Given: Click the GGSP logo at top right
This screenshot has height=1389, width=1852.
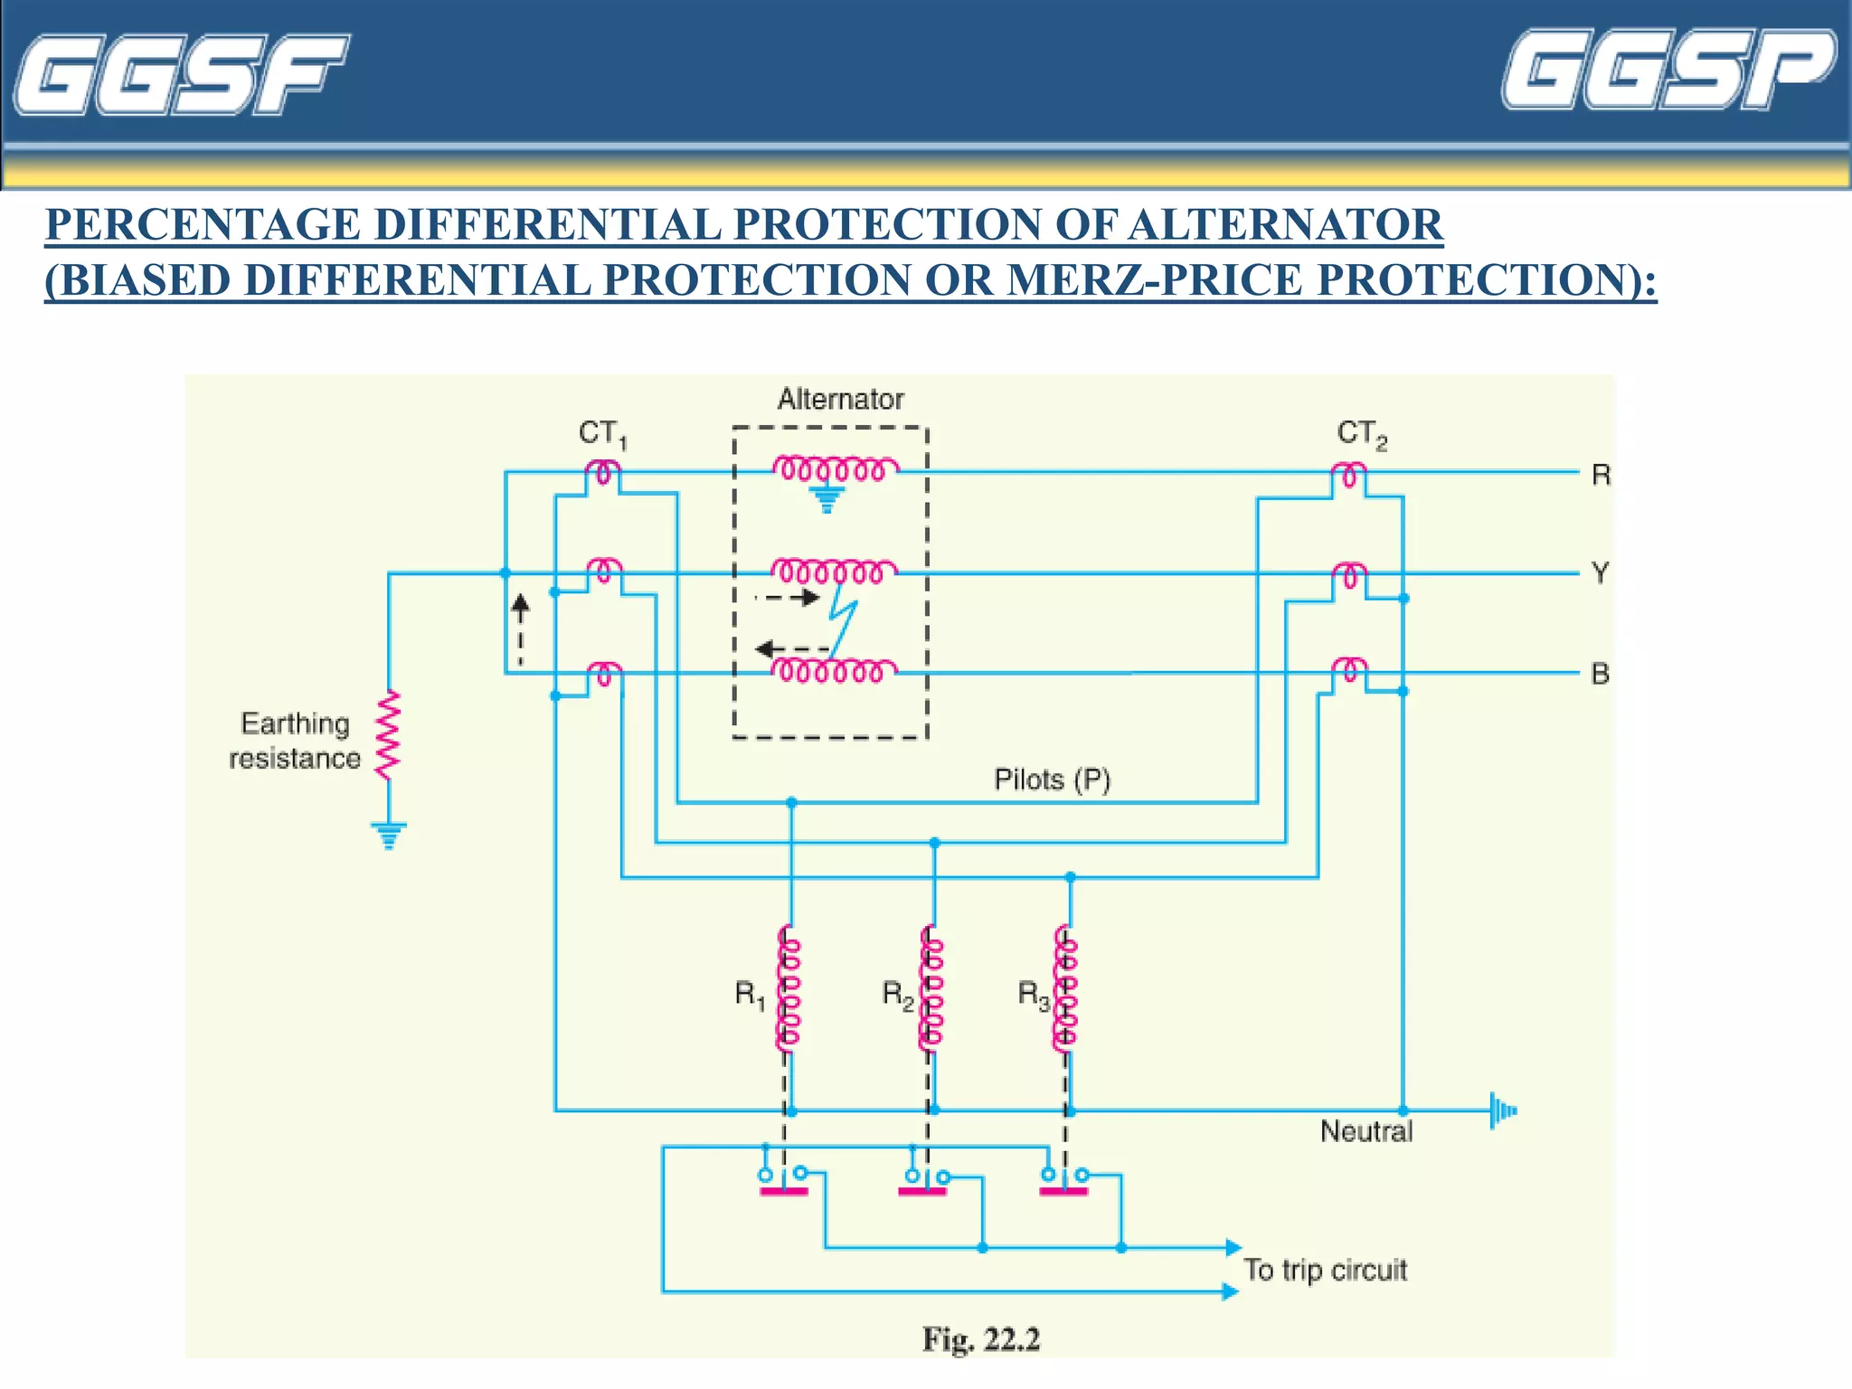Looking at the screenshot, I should (1668, 70).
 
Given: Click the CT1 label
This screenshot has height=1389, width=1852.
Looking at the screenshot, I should (602, 435).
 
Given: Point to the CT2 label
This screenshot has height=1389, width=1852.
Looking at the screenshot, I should (1361, 435).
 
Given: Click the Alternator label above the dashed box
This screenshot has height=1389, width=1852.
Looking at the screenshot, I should (840, 399).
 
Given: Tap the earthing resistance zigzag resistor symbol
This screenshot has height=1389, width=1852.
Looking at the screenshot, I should (388, 734).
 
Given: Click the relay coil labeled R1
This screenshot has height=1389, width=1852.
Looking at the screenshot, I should (789, 988).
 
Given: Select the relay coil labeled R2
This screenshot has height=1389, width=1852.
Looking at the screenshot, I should (931, 988).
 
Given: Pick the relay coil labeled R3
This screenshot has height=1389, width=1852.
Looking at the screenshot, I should (1066, 988).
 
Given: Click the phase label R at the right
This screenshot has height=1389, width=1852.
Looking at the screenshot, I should (1601, 475).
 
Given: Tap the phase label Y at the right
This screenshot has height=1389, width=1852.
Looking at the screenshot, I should (1601, 573).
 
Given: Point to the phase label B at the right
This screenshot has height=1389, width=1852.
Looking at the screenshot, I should (1601, 675).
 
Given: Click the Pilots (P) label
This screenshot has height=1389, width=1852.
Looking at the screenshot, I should (1052, 780).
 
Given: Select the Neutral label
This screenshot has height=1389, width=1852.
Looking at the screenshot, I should (1365, 1131).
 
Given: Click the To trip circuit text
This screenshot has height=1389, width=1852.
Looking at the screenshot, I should (1325, 1271).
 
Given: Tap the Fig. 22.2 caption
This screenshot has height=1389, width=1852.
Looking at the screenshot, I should (981, 1339).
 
